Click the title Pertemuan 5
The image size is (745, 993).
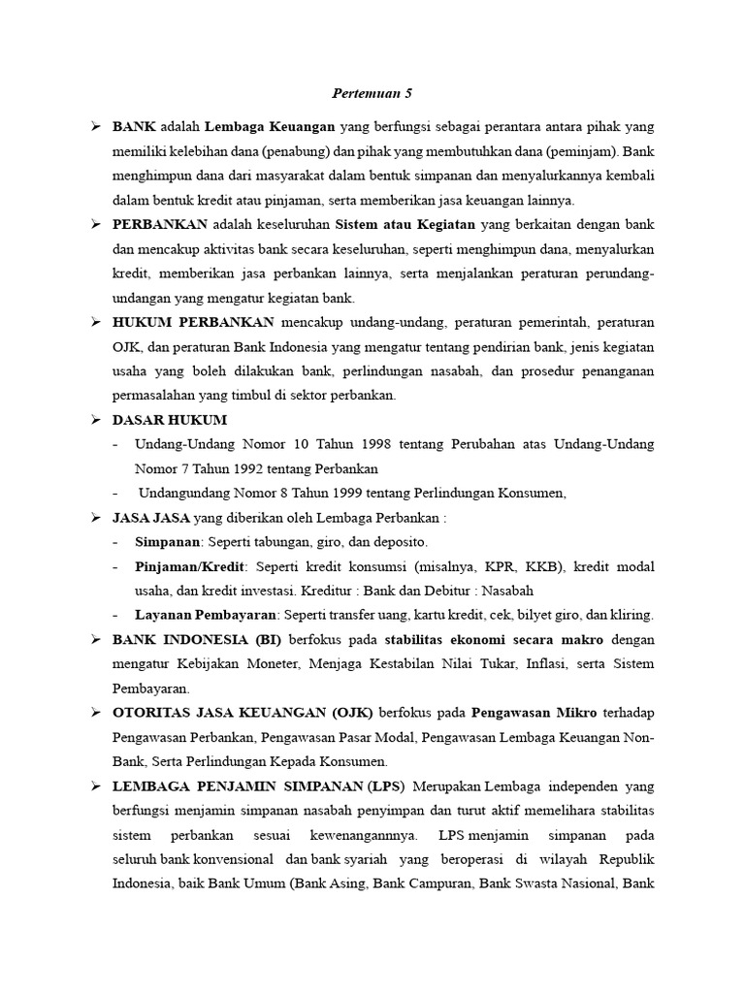coord(372,93)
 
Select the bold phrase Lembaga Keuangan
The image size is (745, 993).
coord(271,127)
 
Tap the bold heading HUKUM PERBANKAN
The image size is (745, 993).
coord(194,322)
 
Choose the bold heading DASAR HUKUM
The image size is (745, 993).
coord(170,419)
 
